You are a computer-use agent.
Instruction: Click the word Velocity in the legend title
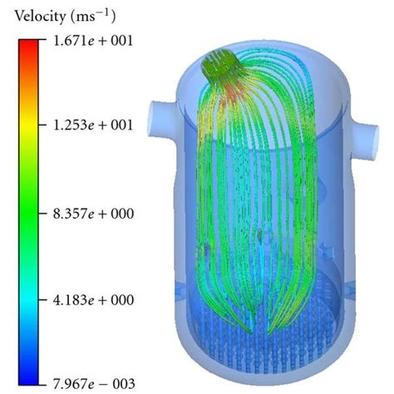click(x=41, y=17)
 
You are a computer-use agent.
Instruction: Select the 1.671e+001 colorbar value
click(x=93, y=41)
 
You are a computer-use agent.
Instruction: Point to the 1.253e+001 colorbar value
click(x=93, y=126)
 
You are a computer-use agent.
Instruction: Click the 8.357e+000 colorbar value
click(x=93, y=214)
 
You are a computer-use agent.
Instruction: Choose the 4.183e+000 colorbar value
click(x=93, y=300)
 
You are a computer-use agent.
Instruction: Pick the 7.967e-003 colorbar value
click(x=94, y=384)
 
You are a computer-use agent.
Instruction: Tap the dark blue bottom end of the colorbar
click(x=28, y=378)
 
